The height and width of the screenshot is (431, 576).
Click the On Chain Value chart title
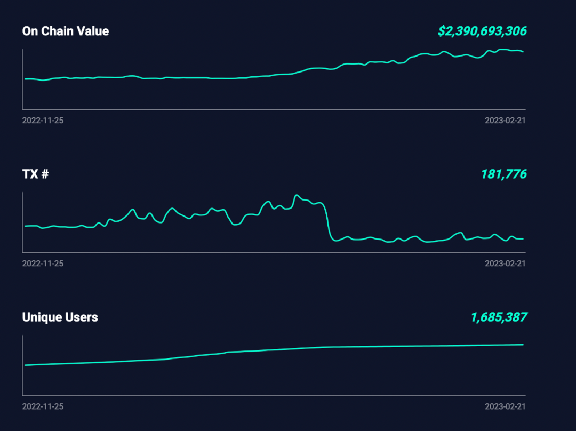(66, 31)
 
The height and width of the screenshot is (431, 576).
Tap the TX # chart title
(35, 174)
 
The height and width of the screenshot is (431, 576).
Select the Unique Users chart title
(60, 317)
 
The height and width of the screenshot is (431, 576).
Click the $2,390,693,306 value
(482, 31)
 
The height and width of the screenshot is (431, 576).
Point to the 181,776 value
(503, 174)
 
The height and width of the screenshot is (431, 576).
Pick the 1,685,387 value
(498, 317)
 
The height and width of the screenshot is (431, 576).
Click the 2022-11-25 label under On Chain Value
(43, 121)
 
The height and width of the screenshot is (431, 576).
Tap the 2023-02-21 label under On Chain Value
(505, 121)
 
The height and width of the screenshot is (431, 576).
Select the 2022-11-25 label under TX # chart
(43, 264)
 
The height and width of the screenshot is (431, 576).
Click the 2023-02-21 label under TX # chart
(505, 264)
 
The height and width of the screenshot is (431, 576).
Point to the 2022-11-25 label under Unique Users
(43, 406)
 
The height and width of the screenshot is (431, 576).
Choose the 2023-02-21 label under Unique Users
(505, 406)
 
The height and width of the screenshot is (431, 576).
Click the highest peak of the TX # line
(297, 195)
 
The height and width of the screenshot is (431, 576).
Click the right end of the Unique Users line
(523, 345)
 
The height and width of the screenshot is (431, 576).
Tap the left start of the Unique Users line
(26, 365)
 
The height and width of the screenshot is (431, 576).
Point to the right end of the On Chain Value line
(523, 52)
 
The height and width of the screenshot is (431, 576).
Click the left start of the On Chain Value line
(26, 79)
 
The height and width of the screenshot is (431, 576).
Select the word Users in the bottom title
(82, 317)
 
